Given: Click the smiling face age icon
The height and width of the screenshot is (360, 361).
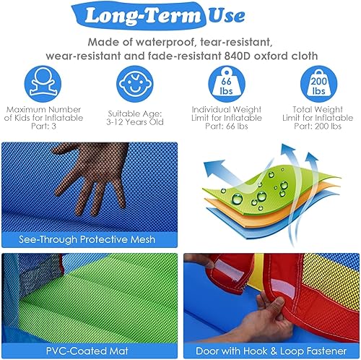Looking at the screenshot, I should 135,85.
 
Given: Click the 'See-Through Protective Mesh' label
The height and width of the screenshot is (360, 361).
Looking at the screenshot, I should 89,237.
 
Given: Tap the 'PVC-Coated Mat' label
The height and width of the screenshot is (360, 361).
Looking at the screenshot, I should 89,349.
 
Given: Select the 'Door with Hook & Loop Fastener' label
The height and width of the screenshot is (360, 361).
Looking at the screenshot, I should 271,349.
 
